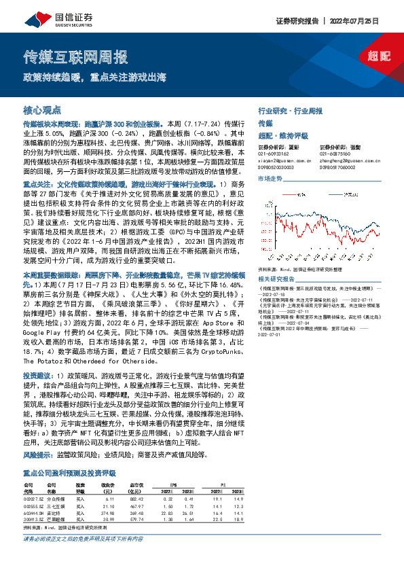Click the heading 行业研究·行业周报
coord(290,109)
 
